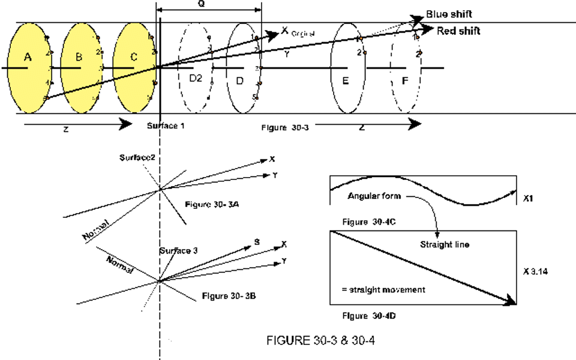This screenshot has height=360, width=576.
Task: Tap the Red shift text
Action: click(x=458, y=31)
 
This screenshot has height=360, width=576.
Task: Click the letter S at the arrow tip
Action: click(x=256, y=242)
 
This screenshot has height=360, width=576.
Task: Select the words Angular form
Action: click(x=373, y=197)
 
